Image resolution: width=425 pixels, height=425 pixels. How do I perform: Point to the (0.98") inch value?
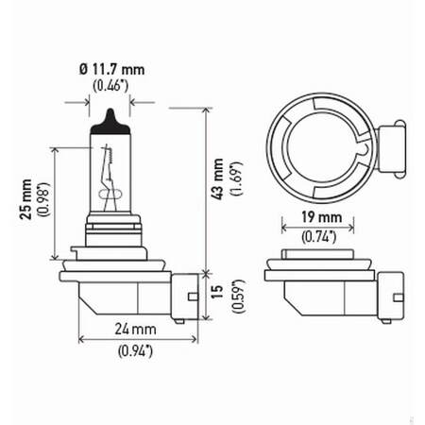click(x=42, y=197)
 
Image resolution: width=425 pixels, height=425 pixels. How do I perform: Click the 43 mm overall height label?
click(x=219, y=179)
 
